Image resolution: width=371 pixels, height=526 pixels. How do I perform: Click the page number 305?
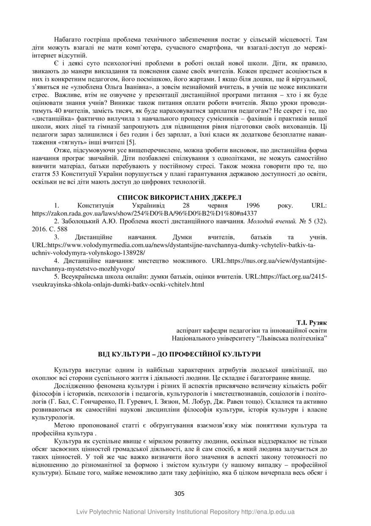click(180, 493)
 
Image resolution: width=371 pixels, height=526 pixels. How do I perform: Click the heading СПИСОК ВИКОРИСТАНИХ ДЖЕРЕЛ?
click(179, 197)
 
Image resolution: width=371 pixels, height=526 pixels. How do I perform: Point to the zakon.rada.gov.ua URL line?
click(144, 213)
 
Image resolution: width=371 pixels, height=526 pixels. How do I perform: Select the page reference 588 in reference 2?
click(70, 229)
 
